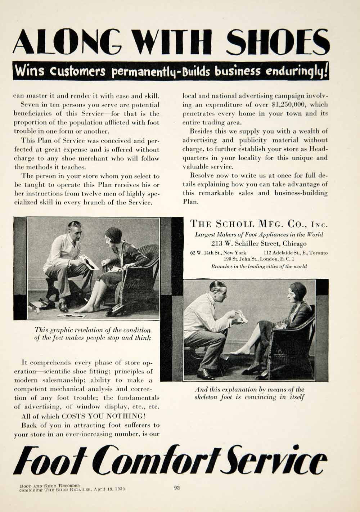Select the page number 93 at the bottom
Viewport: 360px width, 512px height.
point(177,488)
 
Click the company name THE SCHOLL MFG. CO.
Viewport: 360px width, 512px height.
point(259,224)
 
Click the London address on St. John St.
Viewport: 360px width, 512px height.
point(259,259)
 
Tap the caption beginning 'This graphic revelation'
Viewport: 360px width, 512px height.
point(93,334)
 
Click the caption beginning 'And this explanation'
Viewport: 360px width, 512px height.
point(249,393)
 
